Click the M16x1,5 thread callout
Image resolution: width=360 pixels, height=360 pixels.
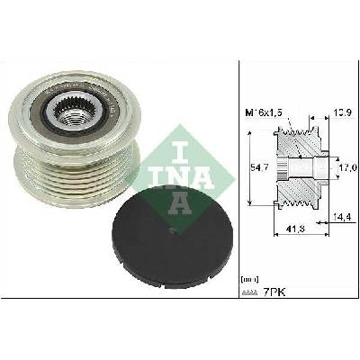264,112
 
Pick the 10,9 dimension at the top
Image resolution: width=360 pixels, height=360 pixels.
343,112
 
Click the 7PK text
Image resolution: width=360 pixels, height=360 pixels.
274,292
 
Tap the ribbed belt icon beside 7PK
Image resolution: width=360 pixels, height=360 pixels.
249,292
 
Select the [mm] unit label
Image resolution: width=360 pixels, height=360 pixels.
249,279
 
